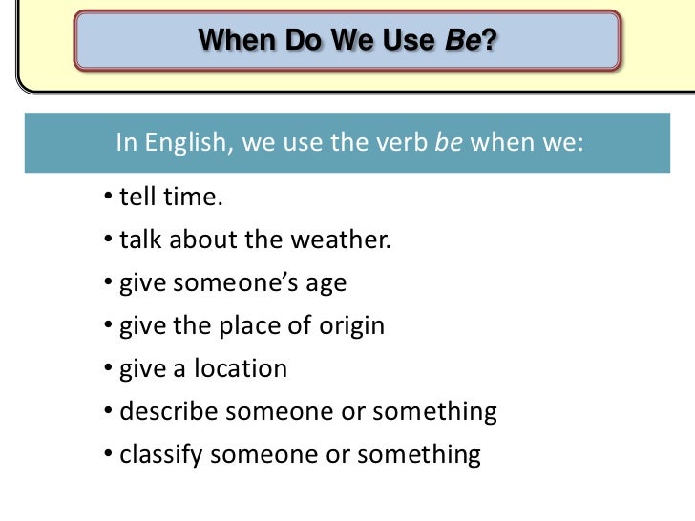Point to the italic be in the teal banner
point(449,144)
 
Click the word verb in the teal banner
point(400,144)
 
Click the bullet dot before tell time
point(110,198)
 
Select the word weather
point(346,240)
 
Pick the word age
point(326,283)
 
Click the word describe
point(165,412)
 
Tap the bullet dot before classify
point(110,454)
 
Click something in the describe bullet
point(434,412)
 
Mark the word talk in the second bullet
point(140,240)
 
